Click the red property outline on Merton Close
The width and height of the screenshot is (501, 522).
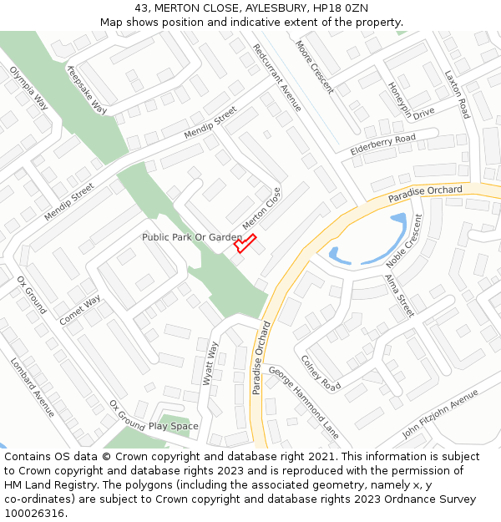[x=245, y=243]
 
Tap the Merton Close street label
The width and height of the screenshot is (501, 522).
[x=262, y=208]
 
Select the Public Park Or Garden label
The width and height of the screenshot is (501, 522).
[x=191, y=237]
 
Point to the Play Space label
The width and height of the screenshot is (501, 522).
[x=174, y=426]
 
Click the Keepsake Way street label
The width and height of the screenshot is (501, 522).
[x=87, y=89]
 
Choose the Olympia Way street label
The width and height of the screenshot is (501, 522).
[x=28, y=88]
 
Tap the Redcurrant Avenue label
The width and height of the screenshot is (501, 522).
[x=277, y=78]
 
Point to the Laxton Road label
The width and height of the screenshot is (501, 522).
[x=457, y=94]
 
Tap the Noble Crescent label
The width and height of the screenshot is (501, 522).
[x=404, y=240]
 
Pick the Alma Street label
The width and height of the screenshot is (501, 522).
[x=399, y=295]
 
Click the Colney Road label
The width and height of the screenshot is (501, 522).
[x=321, y=373]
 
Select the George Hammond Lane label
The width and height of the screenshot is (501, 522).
[x=304, y=403]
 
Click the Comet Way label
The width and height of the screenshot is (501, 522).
[x=80, y=310]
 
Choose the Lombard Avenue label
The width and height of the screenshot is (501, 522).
[x=33, y=388]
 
